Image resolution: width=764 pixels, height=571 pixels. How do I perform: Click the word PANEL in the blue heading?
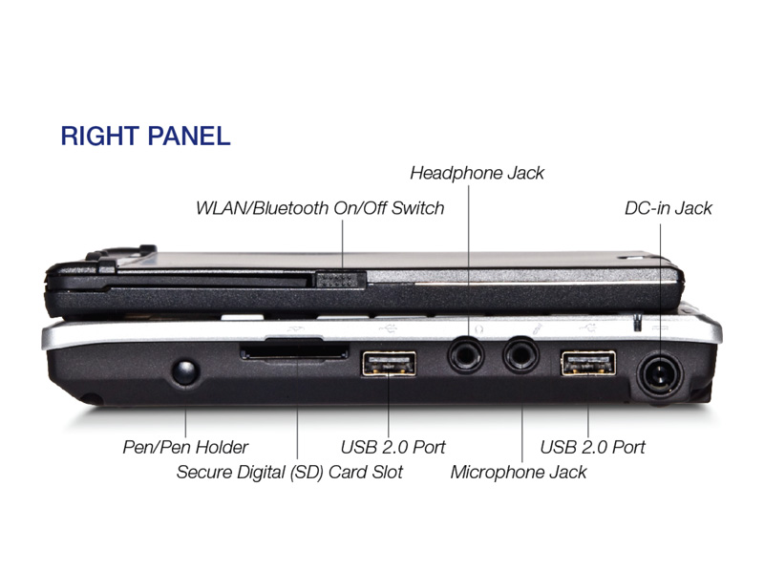point(187,136)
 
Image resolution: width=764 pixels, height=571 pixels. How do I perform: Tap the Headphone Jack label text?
point(477,173)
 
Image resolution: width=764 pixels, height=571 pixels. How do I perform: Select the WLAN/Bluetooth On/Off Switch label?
point(320,208)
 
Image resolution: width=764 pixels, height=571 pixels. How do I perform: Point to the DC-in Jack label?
point(668,208)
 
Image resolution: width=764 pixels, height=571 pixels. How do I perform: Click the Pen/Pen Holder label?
point(185,447)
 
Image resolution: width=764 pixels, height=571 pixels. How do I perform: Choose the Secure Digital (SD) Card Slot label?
point(289,472)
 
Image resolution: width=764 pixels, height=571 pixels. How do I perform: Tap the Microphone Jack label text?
point(519,472)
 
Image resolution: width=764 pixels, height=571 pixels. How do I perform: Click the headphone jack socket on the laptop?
point(466,355)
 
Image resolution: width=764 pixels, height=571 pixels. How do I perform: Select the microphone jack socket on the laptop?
point(520,355)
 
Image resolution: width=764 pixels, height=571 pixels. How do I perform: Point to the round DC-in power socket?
point(660,374)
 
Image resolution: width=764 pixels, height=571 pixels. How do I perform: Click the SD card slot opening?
point(294,351)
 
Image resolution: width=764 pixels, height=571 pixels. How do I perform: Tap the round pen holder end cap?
point(185,371)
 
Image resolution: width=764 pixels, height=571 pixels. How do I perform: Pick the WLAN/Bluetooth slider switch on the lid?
point(341,280)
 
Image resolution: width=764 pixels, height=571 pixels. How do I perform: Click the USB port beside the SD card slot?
point(389,364)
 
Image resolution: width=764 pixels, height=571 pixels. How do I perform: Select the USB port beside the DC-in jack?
point(588,363)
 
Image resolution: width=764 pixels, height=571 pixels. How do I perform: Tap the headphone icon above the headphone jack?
point(478,329)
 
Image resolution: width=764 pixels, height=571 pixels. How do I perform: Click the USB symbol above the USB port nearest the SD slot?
point(388,328)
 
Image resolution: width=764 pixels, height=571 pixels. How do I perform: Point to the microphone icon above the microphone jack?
point(537,328)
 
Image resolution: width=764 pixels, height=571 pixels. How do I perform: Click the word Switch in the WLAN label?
point(417,208)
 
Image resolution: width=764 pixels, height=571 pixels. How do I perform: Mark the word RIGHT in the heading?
point(100,136)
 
